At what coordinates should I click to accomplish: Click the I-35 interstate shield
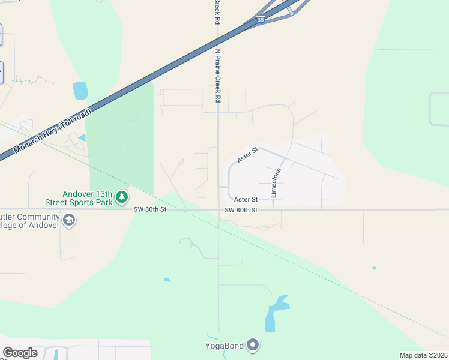coord(260,19)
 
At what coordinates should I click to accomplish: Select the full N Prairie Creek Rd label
coord(218,76)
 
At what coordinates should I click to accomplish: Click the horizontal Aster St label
coord(246,199)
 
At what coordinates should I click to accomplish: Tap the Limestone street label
coord(276,183)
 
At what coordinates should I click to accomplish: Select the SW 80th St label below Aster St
coord(241,210)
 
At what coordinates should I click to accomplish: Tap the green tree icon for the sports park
coord(122,197)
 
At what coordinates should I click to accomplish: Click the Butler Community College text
coord(30,221)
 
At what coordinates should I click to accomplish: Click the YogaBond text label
coord(224,345)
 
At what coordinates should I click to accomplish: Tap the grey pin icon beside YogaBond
coord(253,344)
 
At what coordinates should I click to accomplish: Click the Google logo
coord(20,353)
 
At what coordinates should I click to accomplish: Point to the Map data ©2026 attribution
coord(423,355)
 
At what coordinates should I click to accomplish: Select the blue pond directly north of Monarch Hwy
coord(80,91)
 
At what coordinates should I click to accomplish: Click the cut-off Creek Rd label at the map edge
coord(215,12)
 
